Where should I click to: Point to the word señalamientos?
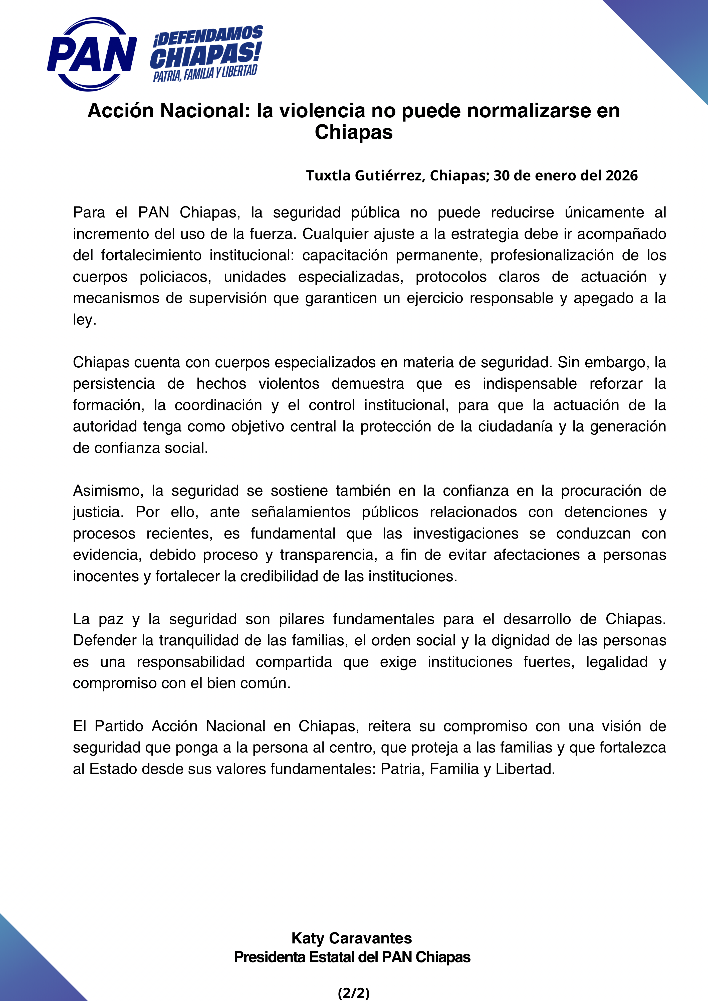click(x=301, y=512)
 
